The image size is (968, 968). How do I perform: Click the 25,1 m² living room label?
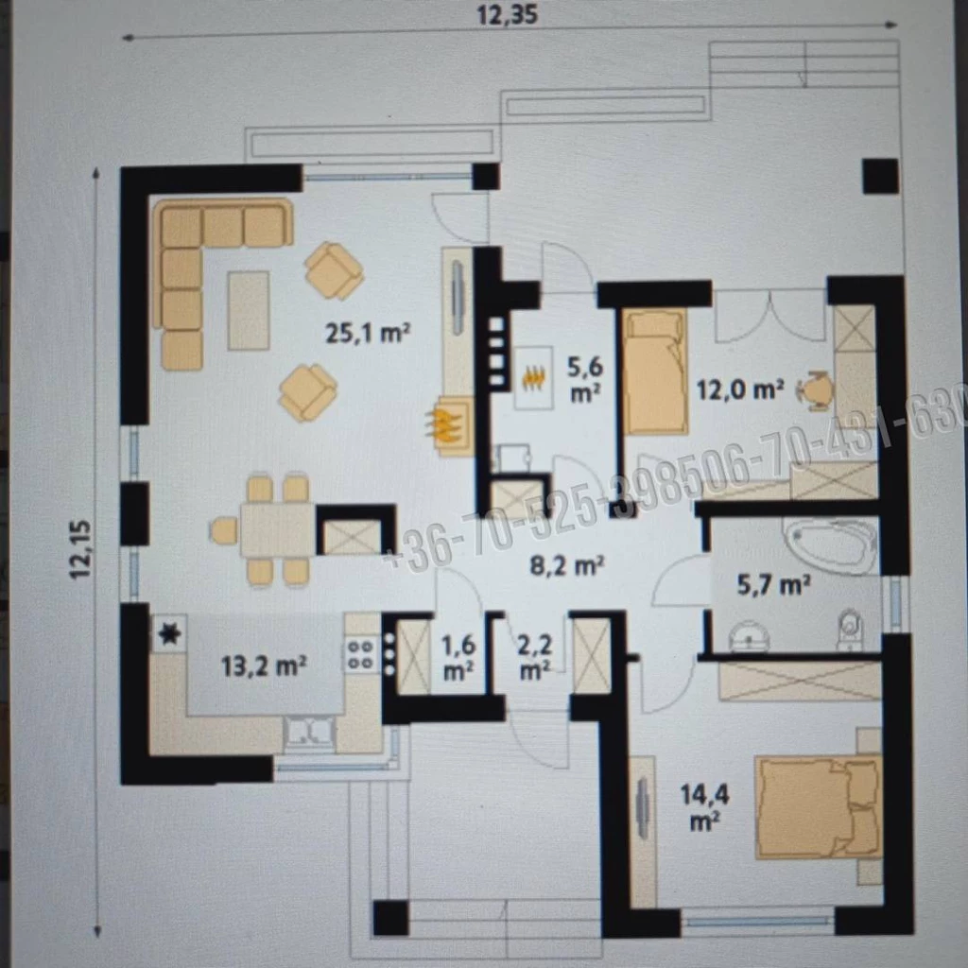(x=368, y=333)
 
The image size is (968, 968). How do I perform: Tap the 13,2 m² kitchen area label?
(x=263, y=666)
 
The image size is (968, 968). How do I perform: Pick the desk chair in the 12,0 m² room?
(x=816, y=389)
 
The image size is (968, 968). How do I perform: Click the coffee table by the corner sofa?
(x=248, y=309)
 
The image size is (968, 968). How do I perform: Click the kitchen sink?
(x=309, y=732)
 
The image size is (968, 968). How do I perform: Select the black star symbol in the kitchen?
(x=169, y=634)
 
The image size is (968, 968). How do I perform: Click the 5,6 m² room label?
(x=584, y=378)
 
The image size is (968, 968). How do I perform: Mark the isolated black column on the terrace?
(x=879, y=176)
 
